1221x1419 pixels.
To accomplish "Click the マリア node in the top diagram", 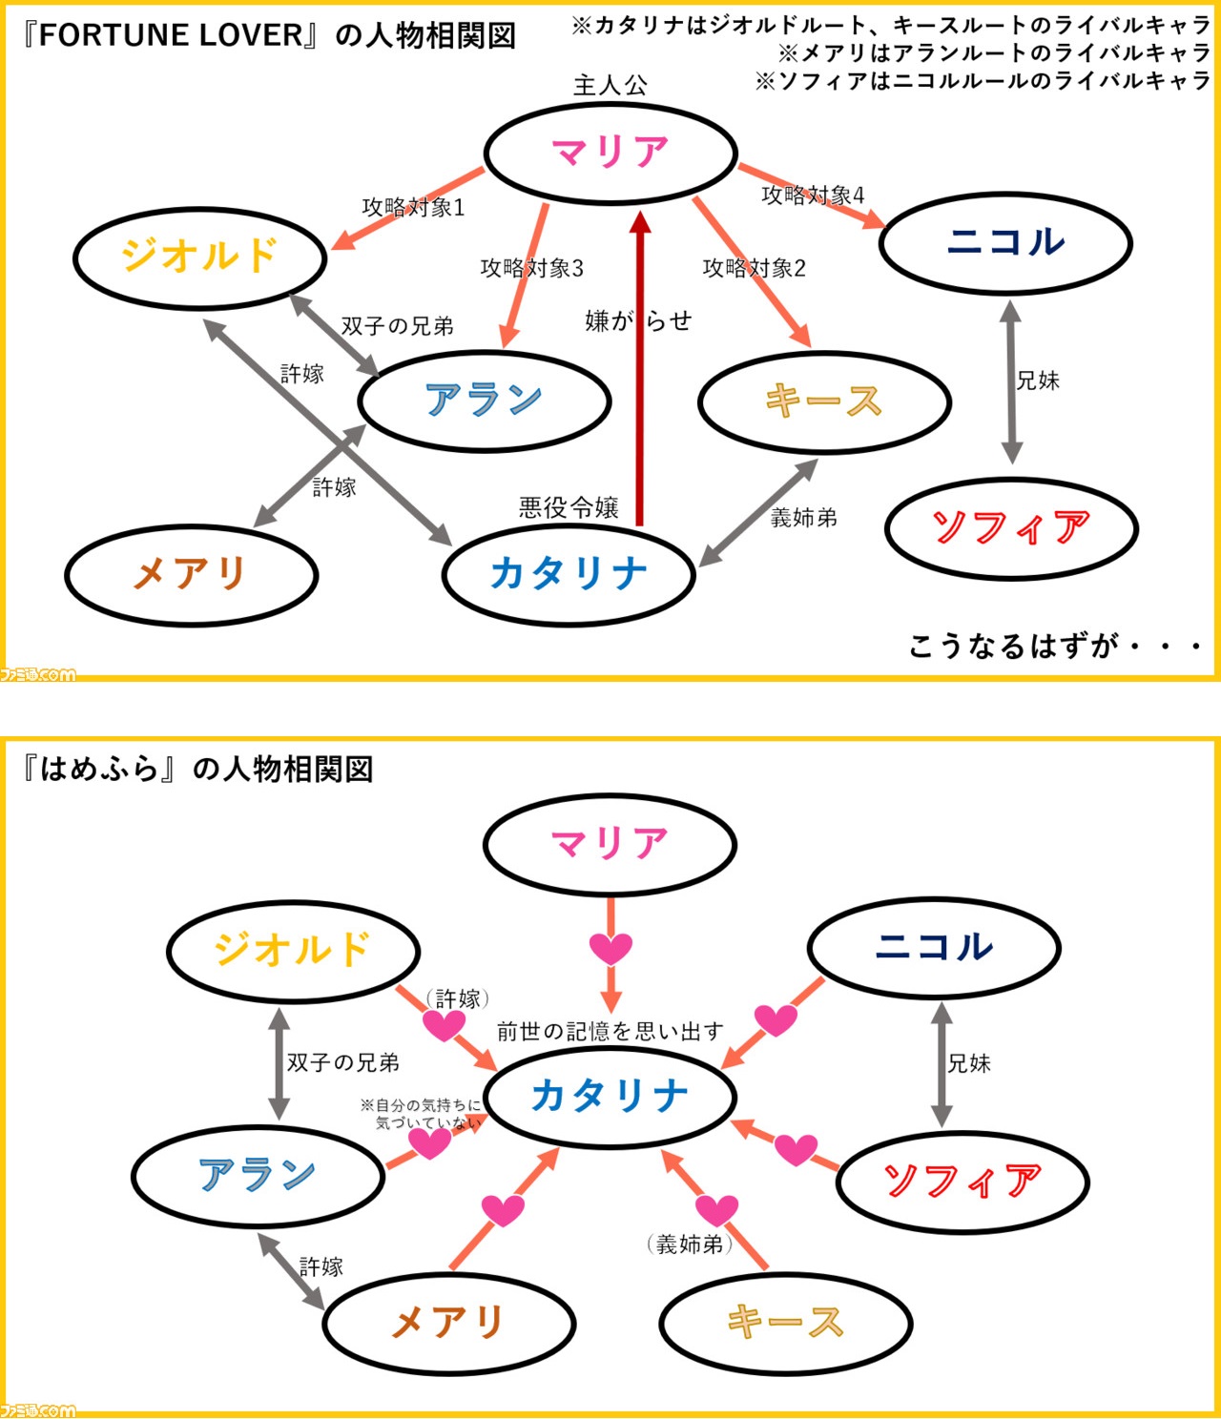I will (x=610, y=153).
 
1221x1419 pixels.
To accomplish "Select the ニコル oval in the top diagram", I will (x=1005, y=242).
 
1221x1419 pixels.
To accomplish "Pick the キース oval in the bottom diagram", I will (x=785, y=1323).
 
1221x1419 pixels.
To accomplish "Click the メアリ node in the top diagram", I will (x=191, y=574).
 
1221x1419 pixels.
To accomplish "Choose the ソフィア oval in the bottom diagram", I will (x=962, y=1182).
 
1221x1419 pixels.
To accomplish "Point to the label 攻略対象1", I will (x=413, y=207).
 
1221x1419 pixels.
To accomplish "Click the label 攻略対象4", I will (x=813, y=195).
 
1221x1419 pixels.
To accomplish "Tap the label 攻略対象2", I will (x=754, y=268).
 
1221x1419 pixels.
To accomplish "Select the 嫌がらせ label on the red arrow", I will (x=637, y=320).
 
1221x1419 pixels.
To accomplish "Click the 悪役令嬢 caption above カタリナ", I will (x=569, y=506).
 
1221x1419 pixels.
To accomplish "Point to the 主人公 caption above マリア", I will (x=610, y=85).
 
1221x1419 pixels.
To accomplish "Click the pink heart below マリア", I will (x=610, y=948).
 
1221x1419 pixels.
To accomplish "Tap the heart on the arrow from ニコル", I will (x=776, y=1019).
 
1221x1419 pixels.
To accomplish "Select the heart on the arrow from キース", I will (x=716, y=1209).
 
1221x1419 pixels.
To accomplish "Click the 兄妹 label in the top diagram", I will (x=1038, y=380).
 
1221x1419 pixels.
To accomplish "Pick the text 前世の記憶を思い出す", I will (x=610, y=1031).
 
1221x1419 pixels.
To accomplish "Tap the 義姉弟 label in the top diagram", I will (x=803, y=518).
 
